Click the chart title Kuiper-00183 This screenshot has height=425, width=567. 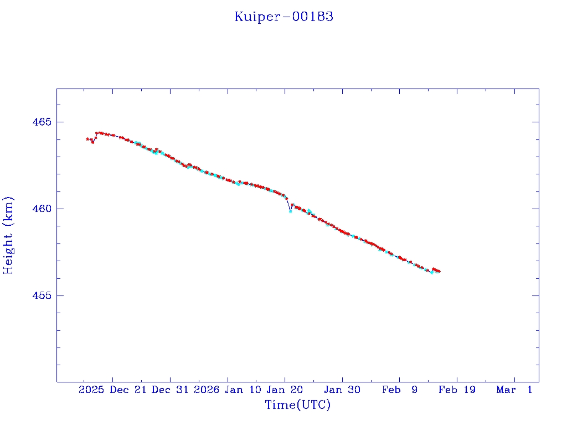tap(283, 17)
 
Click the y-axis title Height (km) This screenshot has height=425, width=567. tap(8, 235)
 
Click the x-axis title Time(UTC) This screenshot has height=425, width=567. tap(298, 405)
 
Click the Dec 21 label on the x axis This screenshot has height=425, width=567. tap(128, 390)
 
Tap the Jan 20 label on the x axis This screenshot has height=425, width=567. tap(285, 390)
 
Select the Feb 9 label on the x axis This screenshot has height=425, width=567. tap(400, 390)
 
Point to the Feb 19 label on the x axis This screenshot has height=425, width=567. tap(457, 390)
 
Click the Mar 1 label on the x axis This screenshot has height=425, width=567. tap(514, 390)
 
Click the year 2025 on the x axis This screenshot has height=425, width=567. tap(91, 390)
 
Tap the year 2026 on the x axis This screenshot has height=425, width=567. tap(206, 390)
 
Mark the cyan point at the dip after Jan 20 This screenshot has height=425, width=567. tap(290, 211)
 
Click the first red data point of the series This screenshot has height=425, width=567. tap(87, 139)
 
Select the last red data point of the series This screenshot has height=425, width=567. tap(439, 271)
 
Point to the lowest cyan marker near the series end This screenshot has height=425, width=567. tap(432, 272)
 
